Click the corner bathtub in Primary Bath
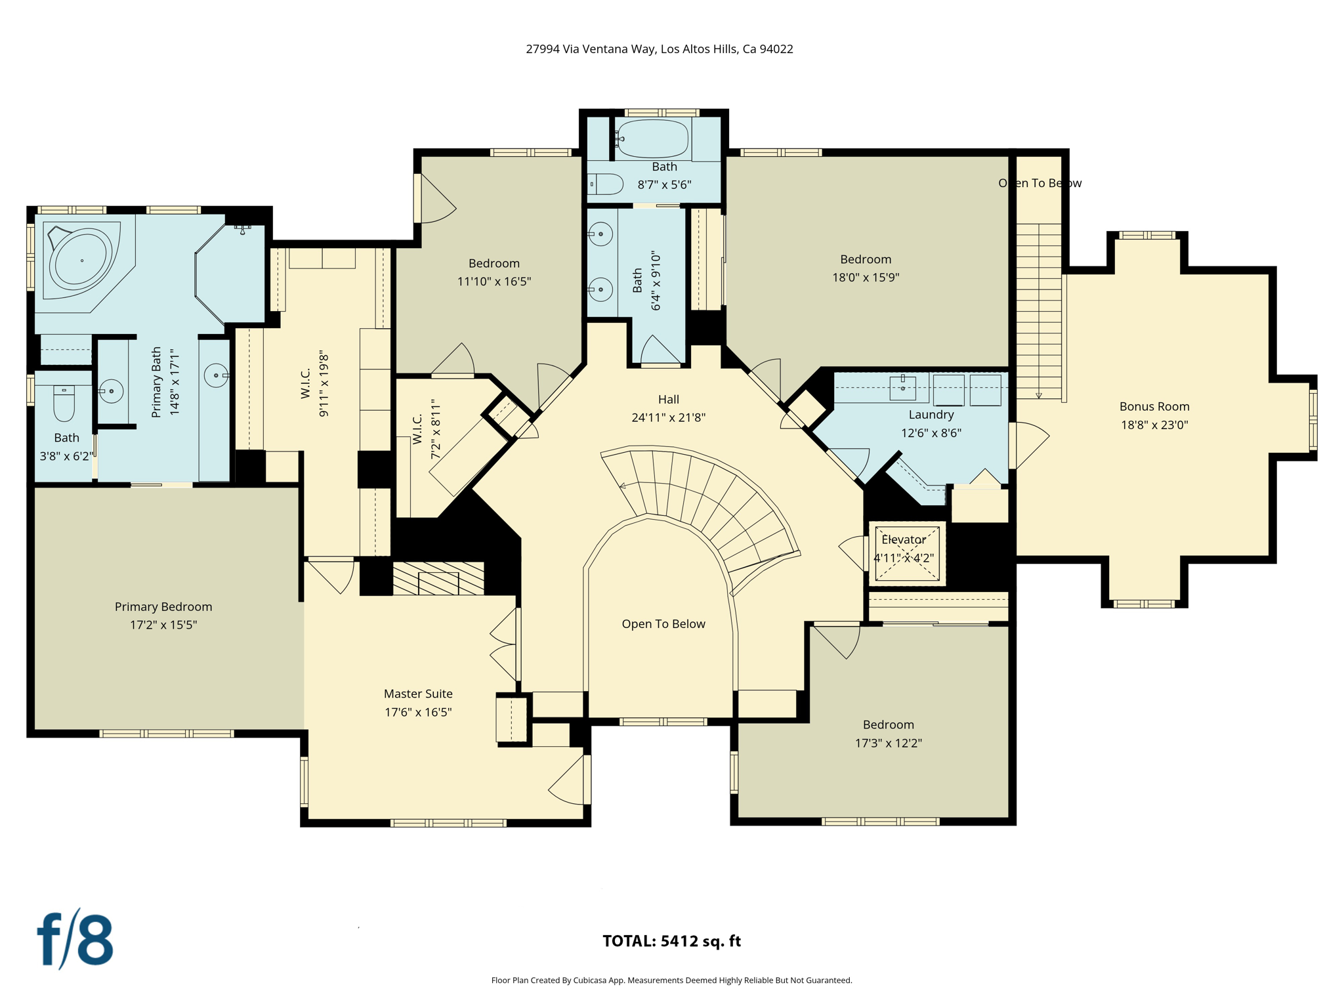[x=81, y=261]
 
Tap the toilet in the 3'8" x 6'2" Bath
[x=64, y=403]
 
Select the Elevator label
[x=904, y=539]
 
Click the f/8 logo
[x=74, y=940]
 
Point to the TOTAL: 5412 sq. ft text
[x=671, y=941]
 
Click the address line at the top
[x=659, y=49]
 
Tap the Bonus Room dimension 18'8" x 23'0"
[x=1154, y=425]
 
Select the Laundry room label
[x=931, y=415]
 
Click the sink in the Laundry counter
[x=902, y=387]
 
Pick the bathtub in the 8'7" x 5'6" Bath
[x=652, y=138]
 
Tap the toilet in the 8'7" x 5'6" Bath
[x=606, y=184]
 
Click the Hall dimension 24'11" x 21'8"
[x=668, y=417]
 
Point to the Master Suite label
[x=418, y=694]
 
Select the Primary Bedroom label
[x=163, y=607]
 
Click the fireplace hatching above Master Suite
[x=438, y=579]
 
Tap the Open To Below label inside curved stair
[x=663, y=624]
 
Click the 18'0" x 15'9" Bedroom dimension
[x=865, y=278]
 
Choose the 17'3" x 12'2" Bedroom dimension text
[x=888, y=743]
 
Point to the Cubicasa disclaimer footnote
[x=671, y=980]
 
